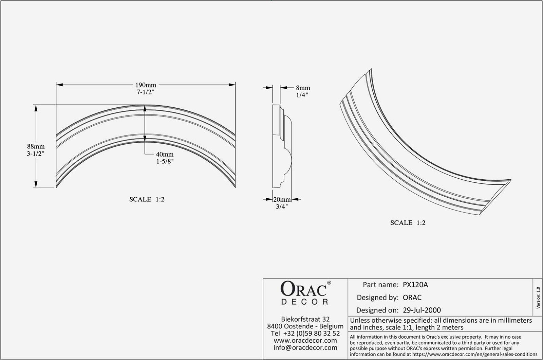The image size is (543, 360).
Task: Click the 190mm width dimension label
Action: (x=146, y=85)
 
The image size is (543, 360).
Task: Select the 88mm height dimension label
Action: (x=36, y=146)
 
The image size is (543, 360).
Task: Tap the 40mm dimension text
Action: (x=165, y=154)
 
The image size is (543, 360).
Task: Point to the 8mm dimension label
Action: (x=303, y=88)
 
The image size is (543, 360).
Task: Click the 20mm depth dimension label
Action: (x=282, y=200)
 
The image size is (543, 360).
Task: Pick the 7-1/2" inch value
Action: (x=146, y=92)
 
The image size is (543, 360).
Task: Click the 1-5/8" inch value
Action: (x=165, y=161)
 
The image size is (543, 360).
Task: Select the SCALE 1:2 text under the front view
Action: (x=147, y=199)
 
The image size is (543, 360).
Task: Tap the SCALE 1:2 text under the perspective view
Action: (x=408, y=223)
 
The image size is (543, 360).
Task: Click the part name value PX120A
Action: (x=415, y=285)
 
